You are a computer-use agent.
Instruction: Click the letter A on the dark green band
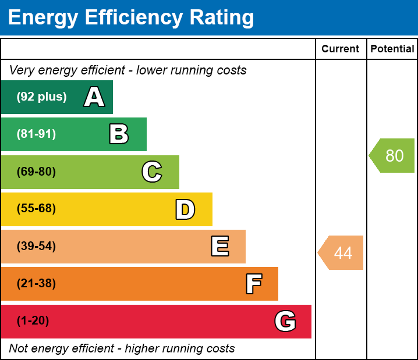[x=94, y=97]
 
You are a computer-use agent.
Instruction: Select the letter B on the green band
[x=119, y=134]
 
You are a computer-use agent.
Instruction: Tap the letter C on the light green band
[x=152, y=172]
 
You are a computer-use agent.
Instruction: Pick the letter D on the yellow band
[x=185, y=209]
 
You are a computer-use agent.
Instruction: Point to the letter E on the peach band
[x=219, y=247]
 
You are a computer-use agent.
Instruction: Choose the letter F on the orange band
[x=253, y=284]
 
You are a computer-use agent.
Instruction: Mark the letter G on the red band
[x=285, y=321]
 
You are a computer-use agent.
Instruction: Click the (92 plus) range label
[x=41, y=97]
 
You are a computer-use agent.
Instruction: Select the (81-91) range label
[x=36, y=134]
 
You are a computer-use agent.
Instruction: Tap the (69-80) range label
[x=36, y=172]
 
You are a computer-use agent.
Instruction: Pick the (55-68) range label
[x=36, y=209]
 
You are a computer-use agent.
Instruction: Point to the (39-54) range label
[x=36, y=247]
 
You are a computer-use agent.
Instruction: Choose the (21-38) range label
[x=36, y=284]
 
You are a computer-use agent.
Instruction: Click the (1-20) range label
[x=33, y=321]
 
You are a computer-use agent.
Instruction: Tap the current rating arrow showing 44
[x=342, y=253]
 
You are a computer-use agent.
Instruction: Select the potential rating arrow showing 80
[x=393, y=156]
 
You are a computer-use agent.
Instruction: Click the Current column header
[x=341, y=49]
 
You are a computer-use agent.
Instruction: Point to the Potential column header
[x=392, y=49]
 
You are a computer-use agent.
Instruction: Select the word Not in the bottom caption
[x=19, y=348]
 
